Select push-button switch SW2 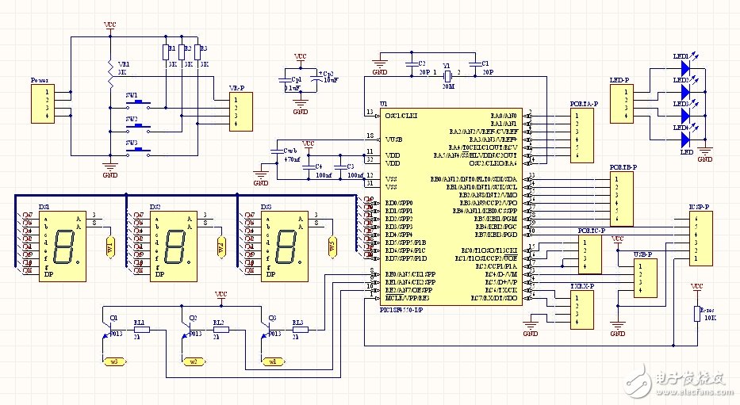[140, 126]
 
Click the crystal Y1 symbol [447, 76]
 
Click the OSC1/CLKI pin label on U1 [401, 115]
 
